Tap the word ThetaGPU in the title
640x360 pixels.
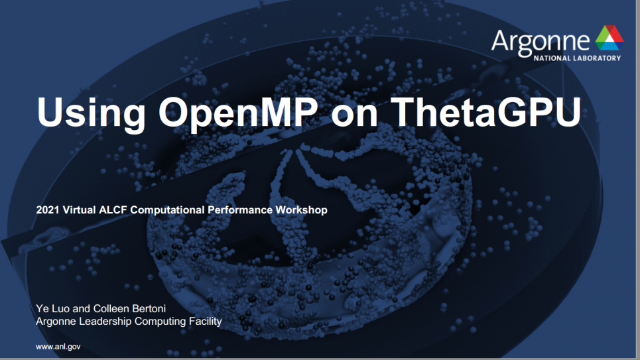(x=485, y=111)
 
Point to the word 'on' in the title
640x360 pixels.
(x=354, y=115)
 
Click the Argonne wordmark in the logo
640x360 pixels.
(x=541, y=42)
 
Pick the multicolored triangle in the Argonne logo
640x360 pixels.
(x=609, y=37)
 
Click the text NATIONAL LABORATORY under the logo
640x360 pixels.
(x=577, y=58)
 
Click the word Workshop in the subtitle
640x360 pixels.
(x=301, y=210)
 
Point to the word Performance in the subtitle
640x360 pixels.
(x=239, y=210)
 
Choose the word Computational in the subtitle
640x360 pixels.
(x=167, y=210)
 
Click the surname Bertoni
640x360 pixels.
(x=149, y=308)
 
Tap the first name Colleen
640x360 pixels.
(x=111, y=308)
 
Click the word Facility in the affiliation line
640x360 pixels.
(x=205, y=322)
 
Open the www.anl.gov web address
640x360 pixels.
(x=58, y=347)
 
